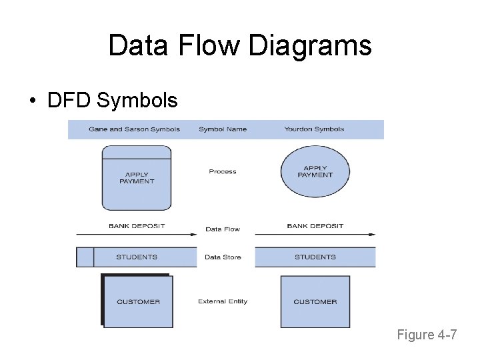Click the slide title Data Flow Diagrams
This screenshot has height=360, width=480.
(240, 46)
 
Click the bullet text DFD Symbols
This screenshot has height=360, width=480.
(112, 101)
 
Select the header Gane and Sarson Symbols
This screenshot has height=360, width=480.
(134, 129)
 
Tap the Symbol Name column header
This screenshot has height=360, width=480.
(223, 129)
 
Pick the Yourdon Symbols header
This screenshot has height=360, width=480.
(314, 129)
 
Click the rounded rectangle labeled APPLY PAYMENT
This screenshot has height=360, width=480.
(137, 178)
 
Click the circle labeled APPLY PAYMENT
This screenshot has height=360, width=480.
(315, 172)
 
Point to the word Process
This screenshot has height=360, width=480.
(223, 172)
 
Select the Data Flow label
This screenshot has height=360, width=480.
(223, 229)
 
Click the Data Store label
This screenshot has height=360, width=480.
(223, 257)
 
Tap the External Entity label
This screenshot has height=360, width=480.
(223, 302)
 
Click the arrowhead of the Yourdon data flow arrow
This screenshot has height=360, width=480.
(371, 234)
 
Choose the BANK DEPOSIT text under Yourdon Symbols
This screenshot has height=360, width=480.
(315, 226)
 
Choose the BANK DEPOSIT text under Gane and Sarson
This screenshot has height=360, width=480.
(137, 226)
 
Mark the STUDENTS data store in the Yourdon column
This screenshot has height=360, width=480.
(315, 257)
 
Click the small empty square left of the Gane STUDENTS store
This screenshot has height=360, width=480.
(85, 257)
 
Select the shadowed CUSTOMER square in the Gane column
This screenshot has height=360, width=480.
(138, 302)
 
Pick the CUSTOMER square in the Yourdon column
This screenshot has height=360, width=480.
(315, 302)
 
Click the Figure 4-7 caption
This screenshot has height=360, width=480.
(427, 335)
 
